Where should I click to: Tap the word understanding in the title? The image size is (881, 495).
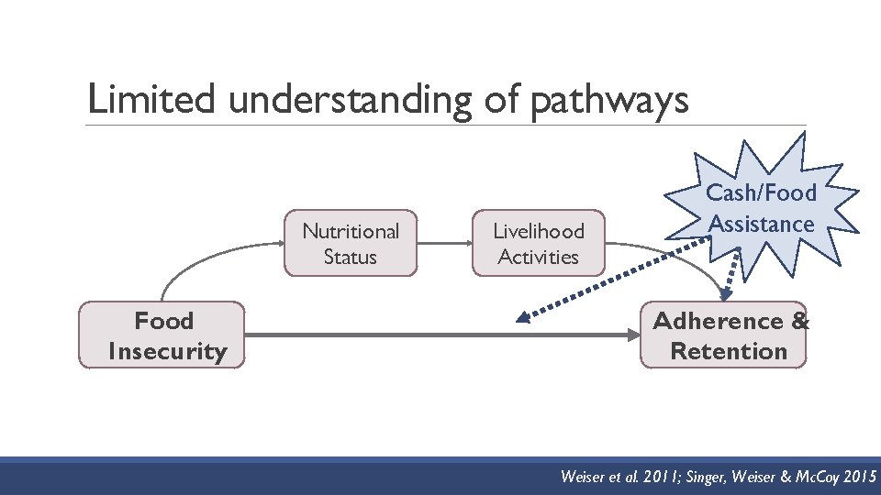(x=348, y=100)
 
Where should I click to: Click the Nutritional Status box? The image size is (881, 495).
(x=351, y=244)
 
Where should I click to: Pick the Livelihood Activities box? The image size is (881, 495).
(x=539, y=244)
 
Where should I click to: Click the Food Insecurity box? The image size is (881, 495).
(x=163, y=335)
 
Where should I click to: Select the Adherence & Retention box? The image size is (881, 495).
(x=724, y=335)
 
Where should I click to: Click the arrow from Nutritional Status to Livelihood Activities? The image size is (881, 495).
(x=444, y=244)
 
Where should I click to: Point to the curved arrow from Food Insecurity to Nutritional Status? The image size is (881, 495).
(x=202, y=260)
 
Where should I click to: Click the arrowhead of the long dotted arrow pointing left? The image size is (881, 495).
(x=523, y=318)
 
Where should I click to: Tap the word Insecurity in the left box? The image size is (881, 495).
(x=167, y=351)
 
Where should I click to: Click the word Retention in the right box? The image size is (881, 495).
(x=729, y=351)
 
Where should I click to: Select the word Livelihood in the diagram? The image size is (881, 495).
(x=539, y=232)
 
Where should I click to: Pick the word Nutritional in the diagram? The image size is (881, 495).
(x=351, y=232)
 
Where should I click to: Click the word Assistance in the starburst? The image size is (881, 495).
(x=762, y=224)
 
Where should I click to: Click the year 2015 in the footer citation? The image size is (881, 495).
(x=856, y=477)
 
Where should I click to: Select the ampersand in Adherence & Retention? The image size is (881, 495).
(x=799, y=321)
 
